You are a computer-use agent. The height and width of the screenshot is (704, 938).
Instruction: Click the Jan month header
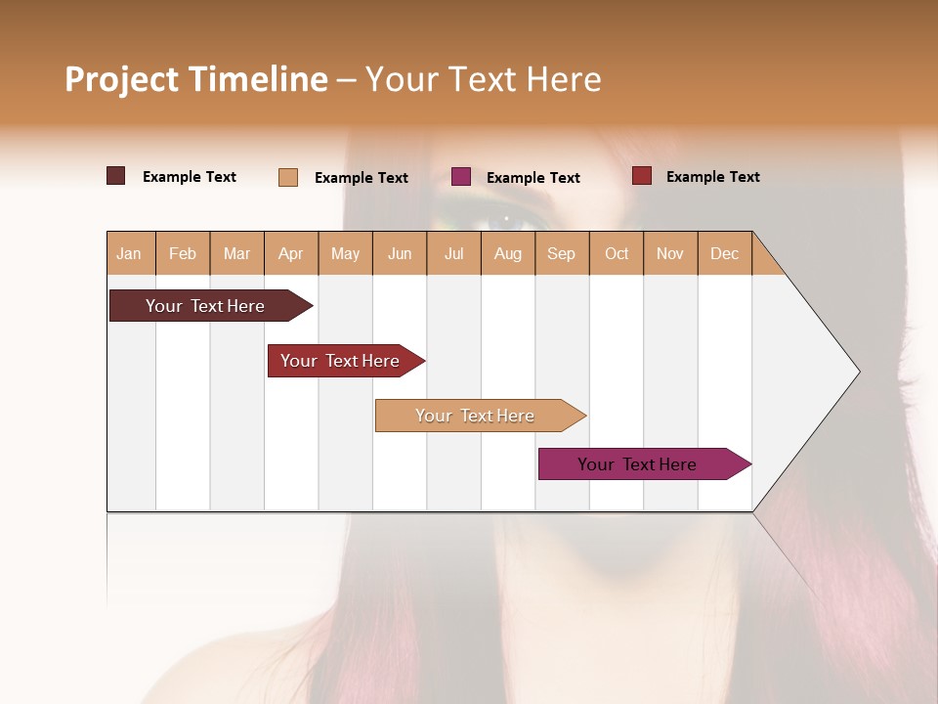click(129, 254)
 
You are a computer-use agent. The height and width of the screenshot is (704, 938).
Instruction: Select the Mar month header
click(236, 254)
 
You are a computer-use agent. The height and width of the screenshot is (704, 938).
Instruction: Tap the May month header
click(345, 254)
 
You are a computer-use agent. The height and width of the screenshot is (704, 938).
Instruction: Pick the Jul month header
click(453, 254)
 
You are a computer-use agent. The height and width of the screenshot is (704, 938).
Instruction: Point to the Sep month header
click(561, 254)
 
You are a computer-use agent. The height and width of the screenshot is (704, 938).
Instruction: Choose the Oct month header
click(617, 254)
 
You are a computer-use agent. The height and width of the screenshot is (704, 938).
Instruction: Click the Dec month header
click(724, 254)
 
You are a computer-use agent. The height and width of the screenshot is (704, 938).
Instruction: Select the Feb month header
click(183, 254)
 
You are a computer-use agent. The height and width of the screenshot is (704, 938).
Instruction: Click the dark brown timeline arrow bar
click(206, 306)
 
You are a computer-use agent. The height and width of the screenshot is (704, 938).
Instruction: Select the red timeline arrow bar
click(341, 361)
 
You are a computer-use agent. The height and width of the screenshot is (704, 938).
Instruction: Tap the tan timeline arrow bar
click(476, 416)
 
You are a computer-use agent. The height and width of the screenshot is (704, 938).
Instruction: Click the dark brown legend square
click(115, 176)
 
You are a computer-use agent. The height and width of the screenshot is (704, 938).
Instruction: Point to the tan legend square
click(288, 177)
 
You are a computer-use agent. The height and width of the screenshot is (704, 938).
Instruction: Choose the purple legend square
click(461, 177)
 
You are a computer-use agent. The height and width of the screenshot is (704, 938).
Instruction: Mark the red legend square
click(642, 176)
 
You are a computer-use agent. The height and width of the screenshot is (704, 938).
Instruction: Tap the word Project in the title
click(122, 79)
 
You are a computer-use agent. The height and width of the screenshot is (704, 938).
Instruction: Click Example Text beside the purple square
click(533, 178)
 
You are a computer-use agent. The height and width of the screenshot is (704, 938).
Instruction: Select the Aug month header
click(508, 254)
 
